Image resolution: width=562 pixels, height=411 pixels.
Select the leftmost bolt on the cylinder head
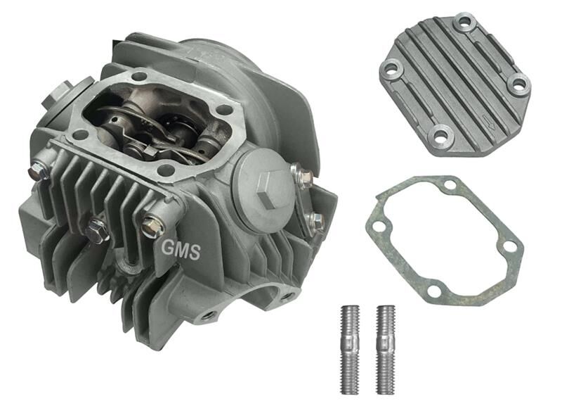(37, 170)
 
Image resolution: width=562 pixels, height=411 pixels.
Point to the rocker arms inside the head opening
(158, 120)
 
